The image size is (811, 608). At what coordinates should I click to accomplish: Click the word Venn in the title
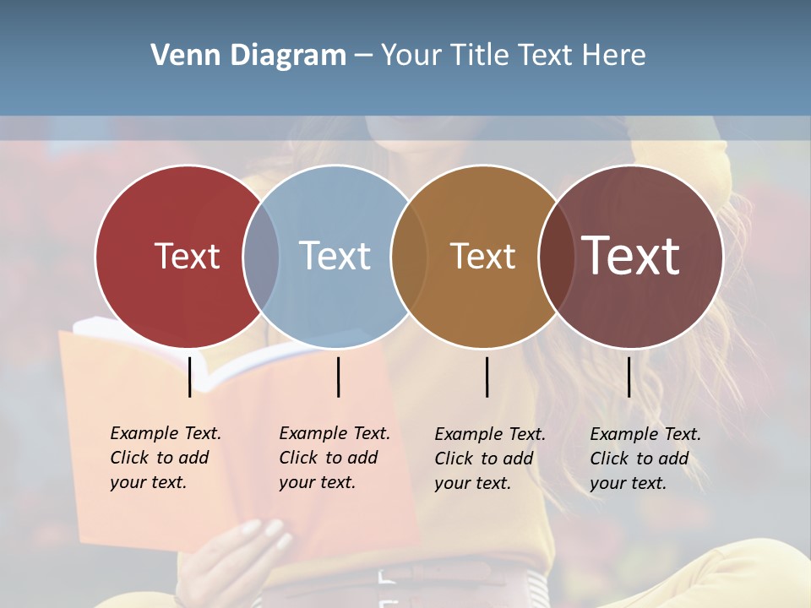(x=178, y=56)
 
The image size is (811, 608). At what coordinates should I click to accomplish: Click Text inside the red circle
(x=187, y=256)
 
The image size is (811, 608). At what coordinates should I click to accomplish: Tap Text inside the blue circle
(x=335, y=256)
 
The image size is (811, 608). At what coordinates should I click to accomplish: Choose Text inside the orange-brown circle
(x=482, y=256)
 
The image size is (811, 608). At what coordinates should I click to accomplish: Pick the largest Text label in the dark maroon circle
(x=630, y=256)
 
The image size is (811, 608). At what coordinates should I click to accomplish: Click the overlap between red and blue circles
(x=261, y=256)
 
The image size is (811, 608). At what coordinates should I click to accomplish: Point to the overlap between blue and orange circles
(x=409, y=256)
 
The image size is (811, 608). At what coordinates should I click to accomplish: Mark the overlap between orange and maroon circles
(x=557, y=256)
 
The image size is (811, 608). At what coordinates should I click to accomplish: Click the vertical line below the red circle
(x=189, y=377)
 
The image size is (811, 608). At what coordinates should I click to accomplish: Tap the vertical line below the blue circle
(x=338, y=377)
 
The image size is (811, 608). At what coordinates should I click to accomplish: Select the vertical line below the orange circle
(x=487, y=377)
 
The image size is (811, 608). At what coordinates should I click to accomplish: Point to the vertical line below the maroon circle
(x=629, y=377)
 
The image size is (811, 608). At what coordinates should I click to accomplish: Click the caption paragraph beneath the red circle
(x=165, y=458)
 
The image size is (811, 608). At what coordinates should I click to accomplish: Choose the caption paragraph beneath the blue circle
(x=334, y=458)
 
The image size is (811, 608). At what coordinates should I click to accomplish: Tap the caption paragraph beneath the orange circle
(x=489, y=459)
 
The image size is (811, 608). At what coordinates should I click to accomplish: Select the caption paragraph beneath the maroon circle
(x=645, y=459)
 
